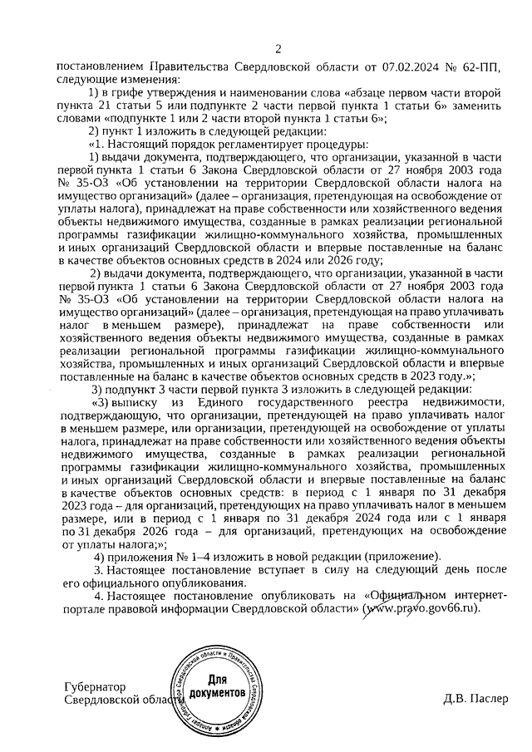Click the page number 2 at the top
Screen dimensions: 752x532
click(278, 47)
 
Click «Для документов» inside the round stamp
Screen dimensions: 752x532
click(218, 686)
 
